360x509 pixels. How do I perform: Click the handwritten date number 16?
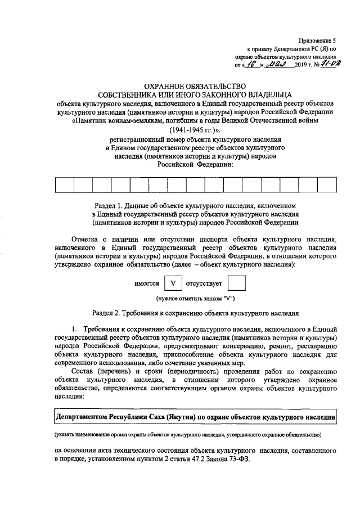point(251,65)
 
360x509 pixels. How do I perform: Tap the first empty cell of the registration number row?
point(65,186)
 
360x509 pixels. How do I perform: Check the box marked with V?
point(174,284)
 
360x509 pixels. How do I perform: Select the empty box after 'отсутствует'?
point(238,284)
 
